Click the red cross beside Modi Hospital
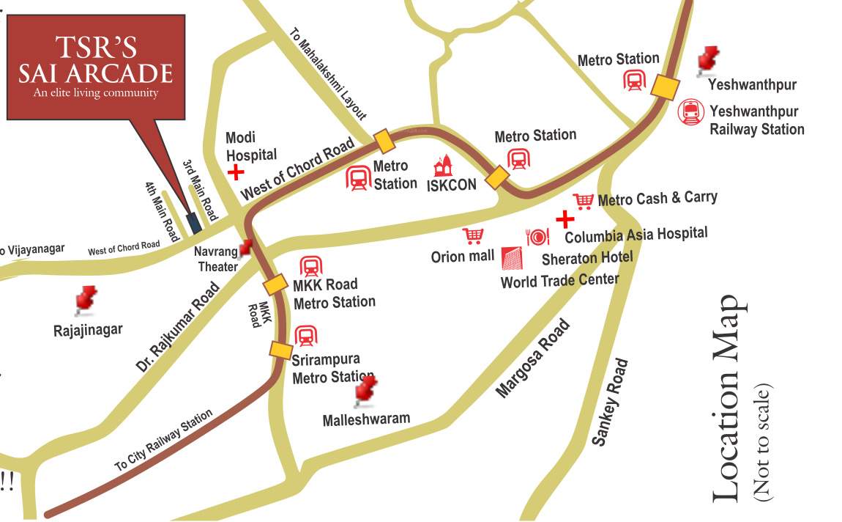click(236, 172)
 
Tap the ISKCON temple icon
click(444, 166)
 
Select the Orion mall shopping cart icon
click(473, 236)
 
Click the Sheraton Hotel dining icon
click(537, 236)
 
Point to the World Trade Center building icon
click(513, 259)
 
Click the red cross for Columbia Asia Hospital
click(565, 218)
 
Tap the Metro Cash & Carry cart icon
click(583, 200)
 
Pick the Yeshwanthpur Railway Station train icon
click(690, 111)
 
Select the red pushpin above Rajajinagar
click(86, 299)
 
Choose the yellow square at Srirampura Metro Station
click(280, 350)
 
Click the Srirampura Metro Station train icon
click(305, 337)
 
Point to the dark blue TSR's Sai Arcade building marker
click(193, 222)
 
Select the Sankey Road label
click(609, 402)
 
